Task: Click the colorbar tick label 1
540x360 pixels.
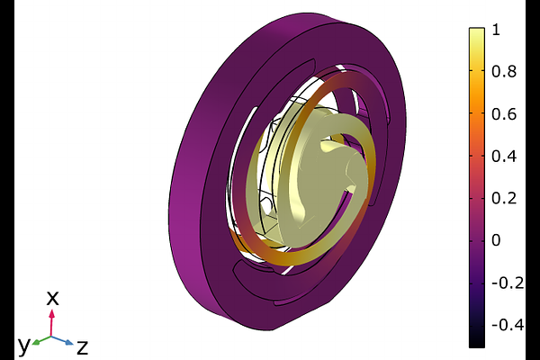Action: (x=496, y=30)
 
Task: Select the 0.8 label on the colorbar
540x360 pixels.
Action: (x=504, y=72)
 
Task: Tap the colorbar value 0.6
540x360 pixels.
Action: (x=504, y=114)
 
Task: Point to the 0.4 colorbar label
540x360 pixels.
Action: (x=504, y=157)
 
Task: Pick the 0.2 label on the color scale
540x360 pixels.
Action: (x=504, y=199)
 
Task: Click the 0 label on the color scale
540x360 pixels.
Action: (x=496, y=241)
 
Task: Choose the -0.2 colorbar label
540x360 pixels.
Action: (x=508, y=283)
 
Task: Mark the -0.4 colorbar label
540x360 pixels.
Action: (x=508, y=325)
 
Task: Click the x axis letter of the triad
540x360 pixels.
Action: (x=53, y=298)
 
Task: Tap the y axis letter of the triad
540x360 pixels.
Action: (x=24, y=346)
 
